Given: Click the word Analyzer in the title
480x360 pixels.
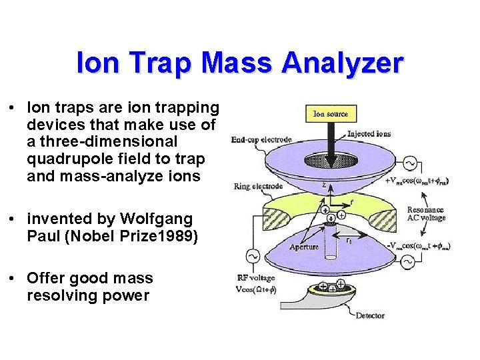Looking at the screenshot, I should pos(343,64).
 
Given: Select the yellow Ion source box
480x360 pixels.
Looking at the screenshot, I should pos(331,114).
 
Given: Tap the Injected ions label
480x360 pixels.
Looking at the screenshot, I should pos(369,134).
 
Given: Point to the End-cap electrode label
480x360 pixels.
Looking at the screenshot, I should pos(261,140).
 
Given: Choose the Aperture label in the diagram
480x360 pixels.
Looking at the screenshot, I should pos(304,247).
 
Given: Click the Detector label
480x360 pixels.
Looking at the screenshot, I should pos(370,315).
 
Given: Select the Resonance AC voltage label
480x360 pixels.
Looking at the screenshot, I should pos(425,214).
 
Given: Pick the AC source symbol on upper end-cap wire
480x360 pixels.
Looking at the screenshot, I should pos(408,163).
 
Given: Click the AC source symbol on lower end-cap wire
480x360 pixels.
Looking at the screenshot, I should pos(408,262).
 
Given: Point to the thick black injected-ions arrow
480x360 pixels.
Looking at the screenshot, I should pos(331,140).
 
